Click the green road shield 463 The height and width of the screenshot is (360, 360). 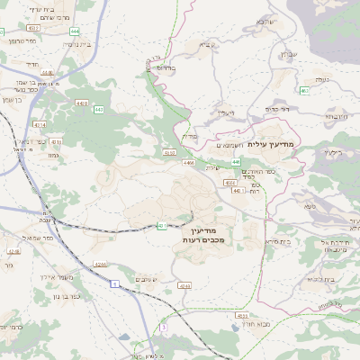[x=305, y=90]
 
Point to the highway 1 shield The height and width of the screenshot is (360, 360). [x=115, y=284]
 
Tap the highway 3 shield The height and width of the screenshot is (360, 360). [x=163, y=328]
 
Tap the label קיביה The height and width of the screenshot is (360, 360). [x=206, y=42]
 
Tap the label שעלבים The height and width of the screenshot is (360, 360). [x=142, y=280]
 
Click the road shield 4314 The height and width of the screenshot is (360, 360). [x=38, y=125]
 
